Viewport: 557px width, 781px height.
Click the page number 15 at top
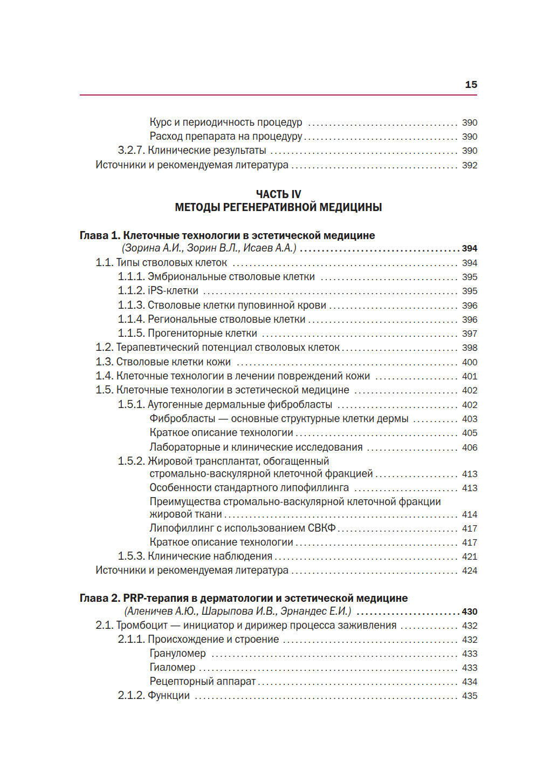tap(471, 85)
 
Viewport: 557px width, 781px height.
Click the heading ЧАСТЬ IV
tap(278, 194)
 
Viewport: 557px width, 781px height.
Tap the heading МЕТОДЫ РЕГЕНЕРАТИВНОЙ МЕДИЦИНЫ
tap(278, 207)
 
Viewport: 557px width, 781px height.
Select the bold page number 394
tap(470, 249)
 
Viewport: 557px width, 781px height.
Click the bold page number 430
tap(470, 612)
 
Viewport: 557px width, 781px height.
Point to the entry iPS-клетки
tap(173, 291)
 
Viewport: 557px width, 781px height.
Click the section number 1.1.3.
tap(131, 305)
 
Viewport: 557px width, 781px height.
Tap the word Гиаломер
tap(173, 668)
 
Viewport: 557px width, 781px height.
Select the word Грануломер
tap(178, 654)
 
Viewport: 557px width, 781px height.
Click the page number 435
tap(470, 696)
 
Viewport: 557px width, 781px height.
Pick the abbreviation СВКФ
tap(322, 528)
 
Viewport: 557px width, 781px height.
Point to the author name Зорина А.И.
tap(153, 248)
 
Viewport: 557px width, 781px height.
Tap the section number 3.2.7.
tap(131, 151)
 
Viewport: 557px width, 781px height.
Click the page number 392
tap(470, 165)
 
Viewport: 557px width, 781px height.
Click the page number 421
tap(470, 556)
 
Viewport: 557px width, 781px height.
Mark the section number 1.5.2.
tap(131, 461)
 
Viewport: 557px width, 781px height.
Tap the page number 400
tap(470, 362)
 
